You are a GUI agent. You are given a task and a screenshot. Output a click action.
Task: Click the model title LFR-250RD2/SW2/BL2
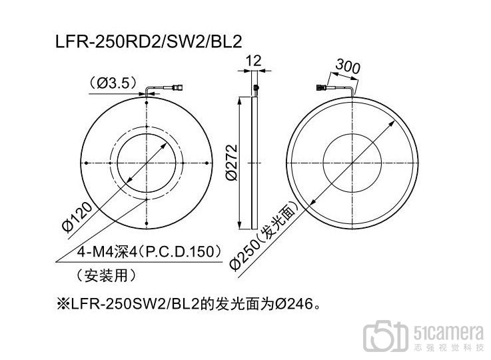click(x=149, y=41)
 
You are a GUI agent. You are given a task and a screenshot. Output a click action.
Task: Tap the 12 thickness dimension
click(x=253, y=60)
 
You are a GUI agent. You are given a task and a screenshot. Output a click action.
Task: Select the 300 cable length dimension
click(x=348, y=66)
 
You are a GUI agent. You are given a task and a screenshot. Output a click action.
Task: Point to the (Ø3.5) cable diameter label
click(x=113, y=83)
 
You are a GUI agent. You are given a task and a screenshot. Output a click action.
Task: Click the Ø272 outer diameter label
click(x=232, y=163)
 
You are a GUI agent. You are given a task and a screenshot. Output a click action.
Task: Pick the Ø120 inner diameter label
click(x=77, y=217)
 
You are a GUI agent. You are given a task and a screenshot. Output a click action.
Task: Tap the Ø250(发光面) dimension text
click(x=262, y=237)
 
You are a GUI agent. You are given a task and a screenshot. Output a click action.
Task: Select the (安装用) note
click(x=106, y=276)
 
